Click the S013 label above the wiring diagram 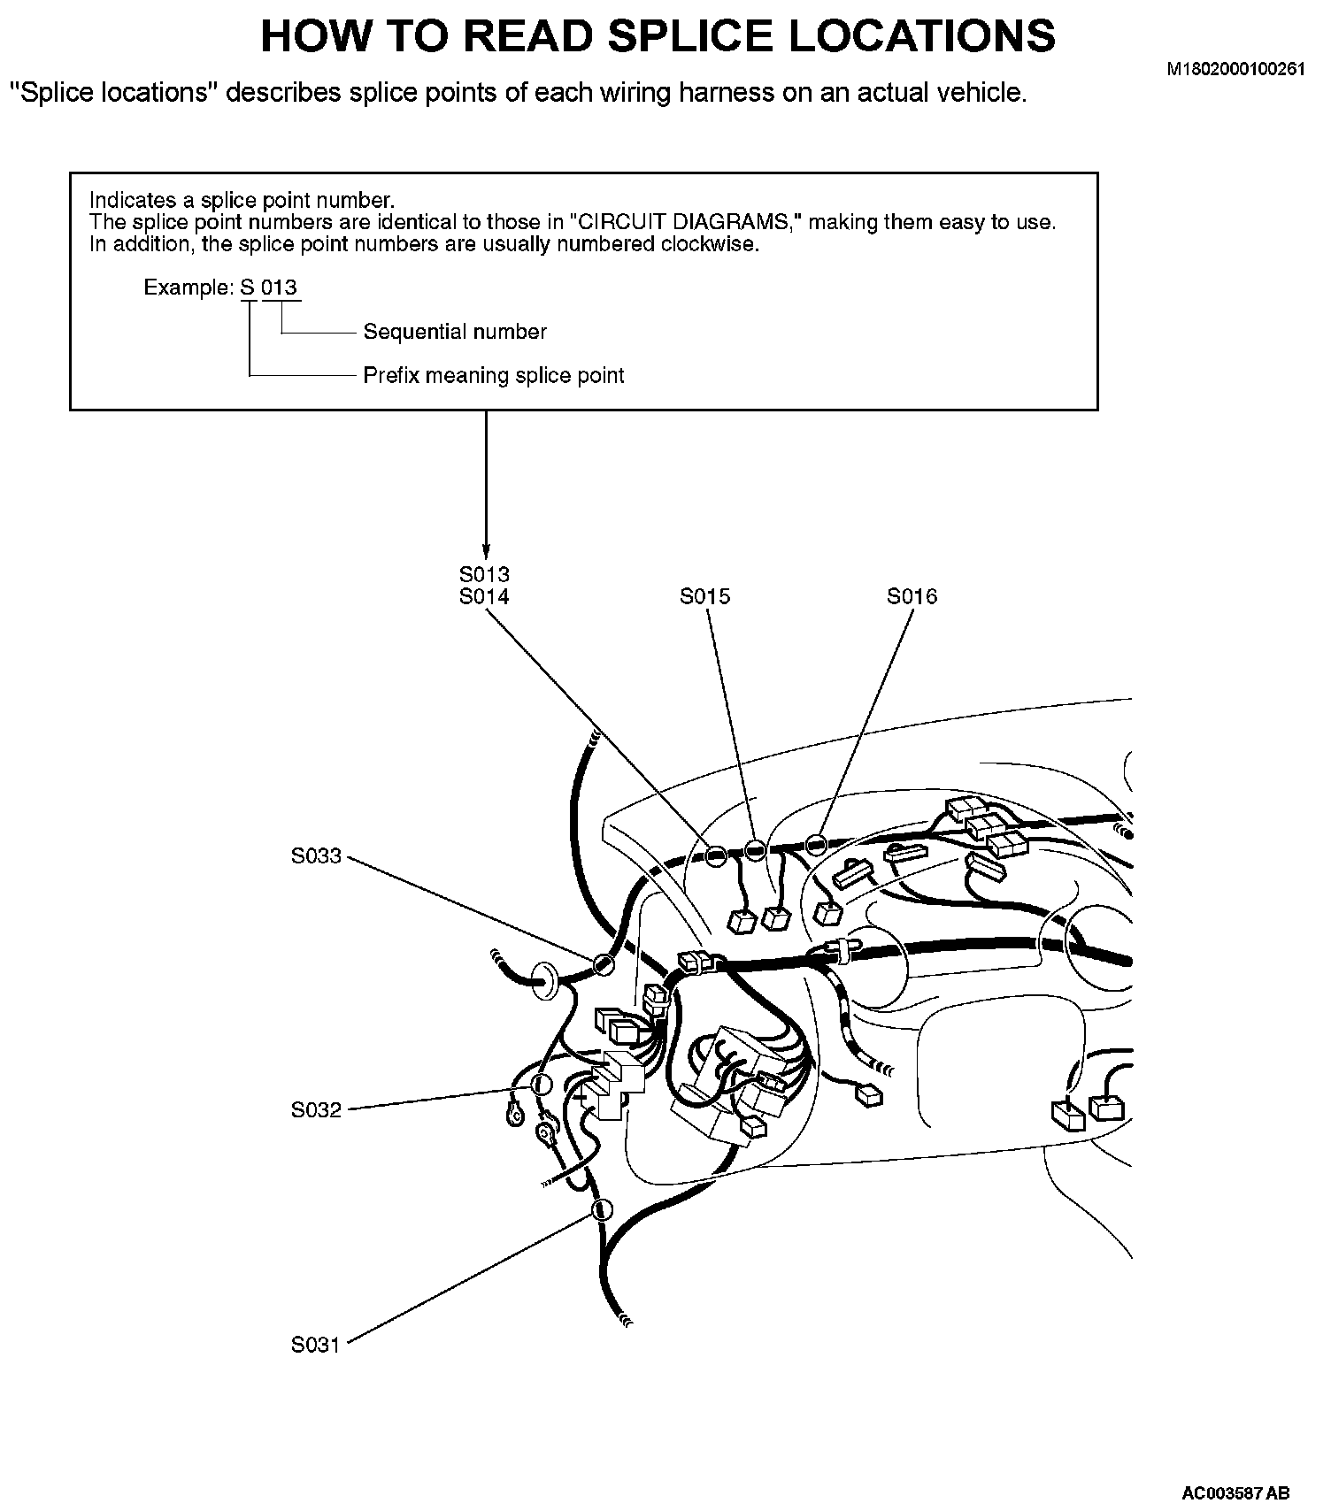point(484,576)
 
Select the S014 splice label point(484,597)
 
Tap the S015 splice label point(705,597)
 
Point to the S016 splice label point(912,597)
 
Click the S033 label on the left point(316,856)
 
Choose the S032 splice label point(316,1110)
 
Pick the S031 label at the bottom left point(316,1346)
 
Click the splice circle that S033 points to point(604,963)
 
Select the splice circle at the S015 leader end point(753,850)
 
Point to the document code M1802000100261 point(1236,70)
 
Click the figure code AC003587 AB point(1235,1494)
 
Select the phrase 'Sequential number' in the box point(455,333)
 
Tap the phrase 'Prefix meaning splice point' point(494,376)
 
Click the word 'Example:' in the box point(188,288)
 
